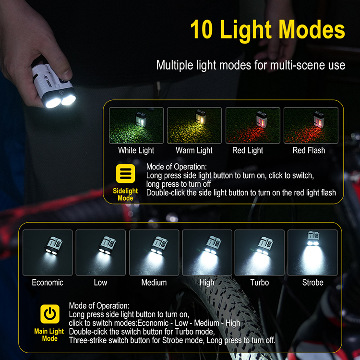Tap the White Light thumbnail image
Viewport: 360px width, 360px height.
click(x=136, y=125)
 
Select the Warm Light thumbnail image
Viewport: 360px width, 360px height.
click(x=194, y=125)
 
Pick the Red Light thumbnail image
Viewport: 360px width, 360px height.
click(x=252, y=125)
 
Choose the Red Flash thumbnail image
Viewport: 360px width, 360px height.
click(x=311, y=125)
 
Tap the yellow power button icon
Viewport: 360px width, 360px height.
click(x=49, y=314)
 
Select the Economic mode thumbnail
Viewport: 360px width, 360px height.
click(x=48, y=252)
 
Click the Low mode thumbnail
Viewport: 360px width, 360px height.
click(x=101, y=252)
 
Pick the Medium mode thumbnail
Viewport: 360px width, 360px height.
click(x=154, y=252)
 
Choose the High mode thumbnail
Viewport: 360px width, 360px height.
click(x=207, y=252)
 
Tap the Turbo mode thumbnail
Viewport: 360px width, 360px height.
click(x=260, y=252)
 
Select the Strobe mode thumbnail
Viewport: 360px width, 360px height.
click(x=312, y=252)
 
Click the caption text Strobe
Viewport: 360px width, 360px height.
click(x=312, y=282)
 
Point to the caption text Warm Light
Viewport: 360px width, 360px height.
click(x=194, y=150)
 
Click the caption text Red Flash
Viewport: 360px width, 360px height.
click(x=309, y=150)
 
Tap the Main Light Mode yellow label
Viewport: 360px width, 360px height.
click(x=49, y=335)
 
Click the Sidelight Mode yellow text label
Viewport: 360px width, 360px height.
click(x=125, y=194)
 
